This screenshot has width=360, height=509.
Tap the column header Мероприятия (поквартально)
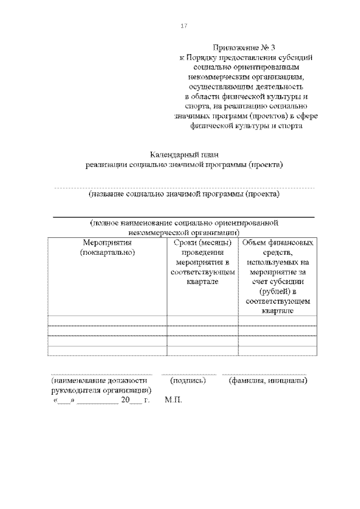pos(107,247)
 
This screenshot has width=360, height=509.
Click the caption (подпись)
pos(188,381)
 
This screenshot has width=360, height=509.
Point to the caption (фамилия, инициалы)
pos(267,381)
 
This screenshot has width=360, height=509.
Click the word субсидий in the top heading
pos(296,57)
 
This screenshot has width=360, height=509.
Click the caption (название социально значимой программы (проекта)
pos(184,194)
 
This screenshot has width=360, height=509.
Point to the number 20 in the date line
pos(125,400)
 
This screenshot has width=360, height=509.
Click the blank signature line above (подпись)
pos(188,373)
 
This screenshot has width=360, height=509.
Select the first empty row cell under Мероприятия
pos(107,321)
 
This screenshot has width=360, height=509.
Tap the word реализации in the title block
pos(106,165)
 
